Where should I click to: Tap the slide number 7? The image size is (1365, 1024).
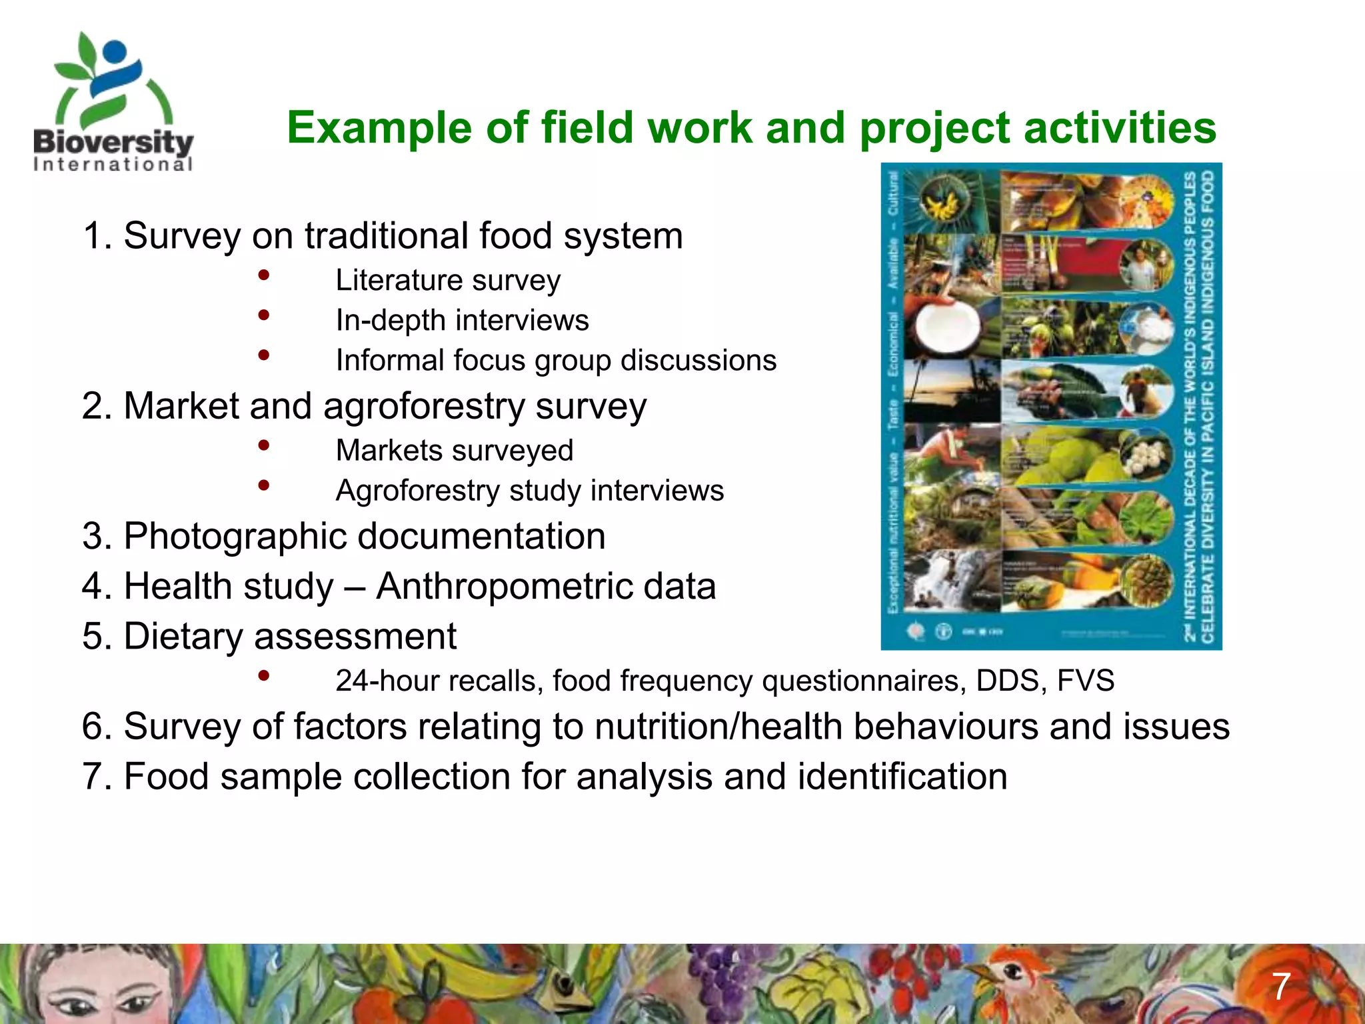point(1281,986)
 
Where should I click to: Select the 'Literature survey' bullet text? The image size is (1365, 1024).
point(448,280)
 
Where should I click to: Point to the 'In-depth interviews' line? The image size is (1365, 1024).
point(462,320)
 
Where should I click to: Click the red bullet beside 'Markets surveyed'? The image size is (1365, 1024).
point(264,445)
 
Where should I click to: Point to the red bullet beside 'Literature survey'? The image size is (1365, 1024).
point(264,275)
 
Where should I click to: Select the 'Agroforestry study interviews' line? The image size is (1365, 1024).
point(529,491)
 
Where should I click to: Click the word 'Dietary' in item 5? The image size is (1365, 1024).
point(183,636)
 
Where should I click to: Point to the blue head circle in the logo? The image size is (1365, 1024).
point(115,51)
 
